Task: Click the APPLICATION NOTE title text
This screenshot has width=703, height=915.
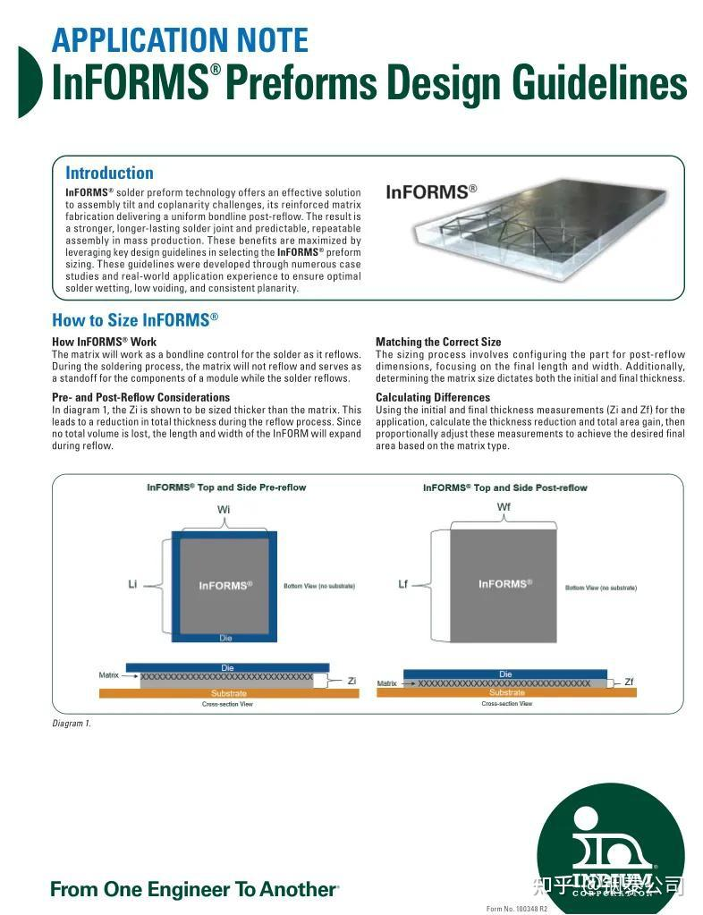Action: pos(180,39)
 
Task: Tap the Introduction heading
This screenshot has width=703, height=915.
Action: pos(109,173)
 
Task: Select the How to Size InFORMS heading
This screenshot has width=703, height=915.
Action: pos(135,319)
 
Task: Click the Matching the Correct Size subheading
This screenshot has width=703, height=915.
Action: pos(438,342)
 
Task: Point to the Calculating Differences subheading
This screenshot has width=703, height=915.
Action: pos(433,397)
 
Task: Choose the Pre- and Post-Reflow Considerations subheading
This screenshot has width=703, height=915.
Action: pos(140,397)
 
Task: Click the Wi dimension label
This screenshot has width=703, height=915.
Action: pos(224,510)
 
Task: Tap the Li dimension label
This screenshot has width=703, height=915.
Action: pos(132,584)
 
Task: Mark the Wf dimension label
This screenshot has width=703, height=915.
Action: pos(504,507)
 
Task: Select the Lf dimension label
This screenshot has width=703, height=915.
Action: pos(402,583)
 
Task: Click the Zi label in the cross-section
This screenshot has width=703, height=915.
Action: pos(351,681)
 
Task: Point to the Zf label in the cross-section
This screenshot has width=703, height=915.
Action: pos(629,682)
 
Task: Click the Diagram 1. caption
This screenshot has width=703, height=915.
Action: pos(72,724)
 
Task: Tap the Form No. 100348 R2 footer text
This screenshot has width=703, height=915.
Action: pos(517,909)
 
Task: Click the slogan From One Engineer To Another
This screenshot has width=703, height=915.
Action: pos(194,889)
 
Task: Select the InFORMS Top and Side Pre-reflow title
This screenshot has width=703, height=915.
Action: pos(226,487)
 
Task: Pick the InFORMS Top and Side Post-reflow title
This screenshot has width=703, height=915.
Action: pos(505,487)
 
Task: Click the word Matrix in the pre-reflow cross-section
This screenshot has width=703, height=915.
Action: pos(108,675)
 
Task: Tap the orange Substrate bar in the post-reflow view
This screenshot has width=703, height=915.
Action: pos(506,692)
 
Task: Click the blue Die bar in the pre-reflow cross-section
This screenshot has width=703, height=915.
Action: pos(227,667)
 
